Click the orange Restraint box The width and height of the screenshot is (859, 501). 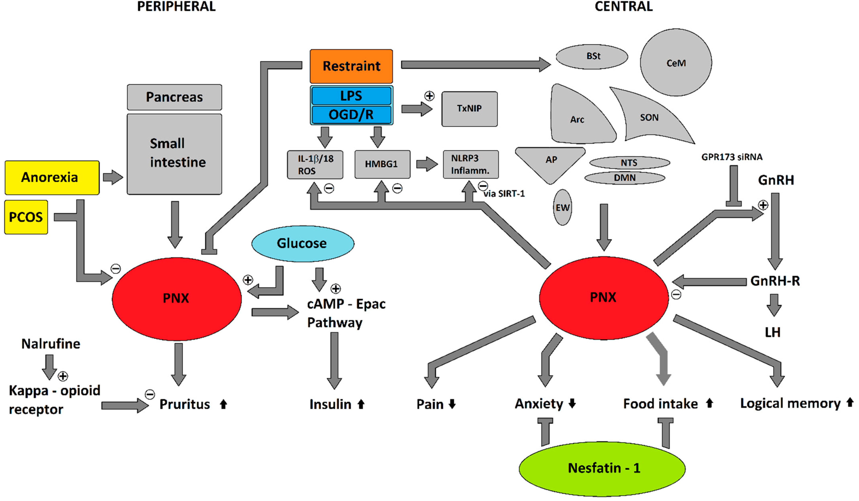[351, 66]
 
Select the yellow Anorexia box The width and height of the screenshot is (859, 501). [52, 178]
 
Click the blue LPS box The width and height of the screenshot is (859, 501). [351, 96]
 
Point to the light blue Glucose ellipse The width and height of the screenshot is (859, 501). [303, 243]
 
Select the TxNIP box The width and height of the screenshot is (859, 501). [469, 109]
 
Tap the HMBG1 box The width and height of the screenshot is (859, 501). [382, 164]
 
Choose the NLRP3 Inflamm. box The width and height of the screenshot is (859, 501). [471, 164]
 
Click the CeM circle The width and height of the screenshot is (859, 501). [676, 62]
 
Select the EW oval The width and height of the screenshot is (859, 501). [562, 207]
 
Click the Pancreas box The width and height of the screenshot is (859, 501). [175, 97]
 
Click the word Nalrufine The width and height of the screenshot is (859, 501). [51, 344]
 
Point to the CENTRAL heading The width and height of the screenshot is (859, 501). [623, 6]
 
